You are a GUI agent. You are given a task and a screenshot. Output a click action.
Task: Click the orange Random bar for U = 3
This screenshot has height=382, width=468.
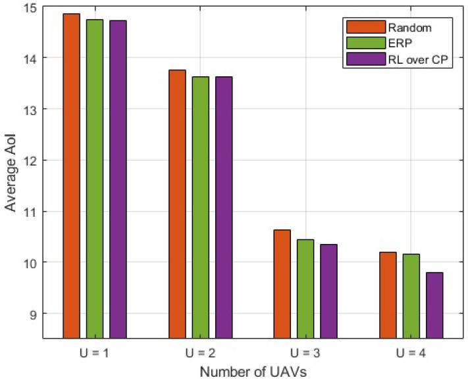(283, 283)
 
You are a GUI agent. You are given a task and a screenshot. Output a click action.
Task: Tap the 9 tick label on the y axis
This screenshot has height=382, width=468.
(34, 313)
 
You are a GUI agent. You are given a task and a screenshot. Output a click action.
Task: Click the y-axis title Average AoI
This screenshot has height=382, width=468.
(11, 173)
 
